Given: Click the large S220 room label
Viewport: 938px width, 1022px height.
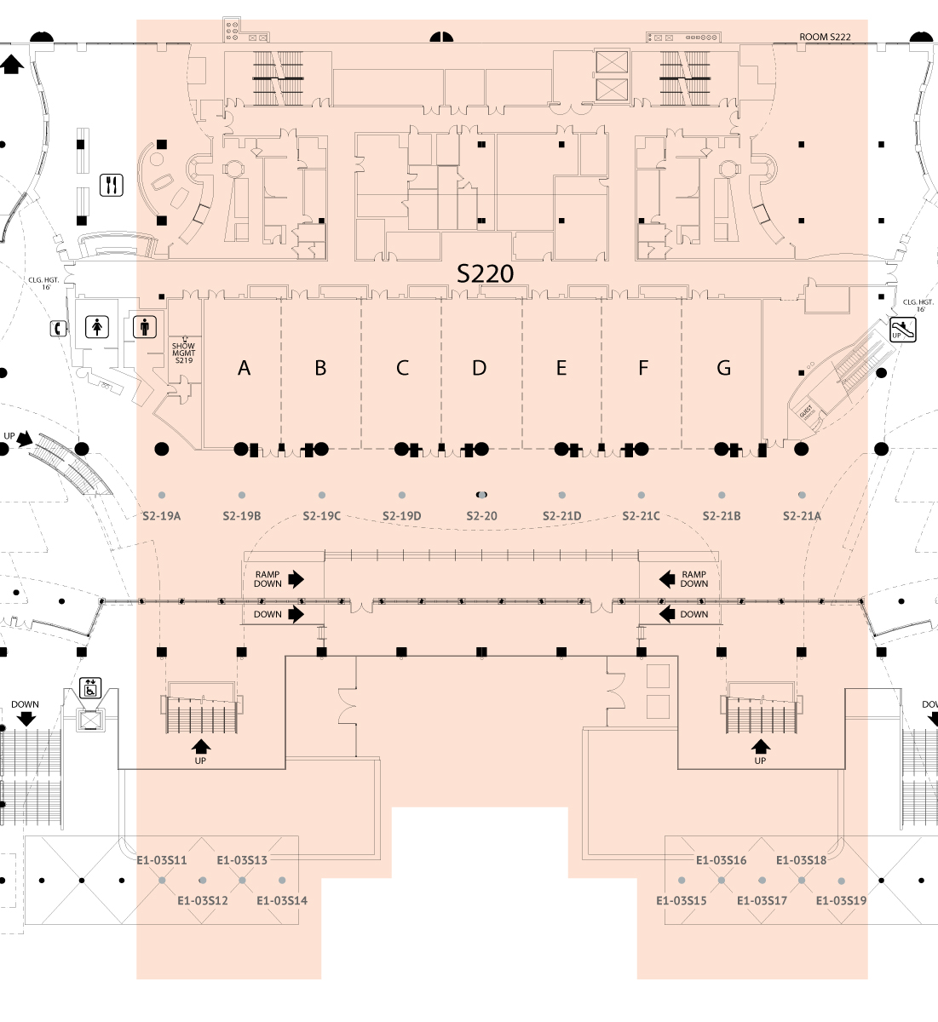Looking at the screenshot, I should (486, 273).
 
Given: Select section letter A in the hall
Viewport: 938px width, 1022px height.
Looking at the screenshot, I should (245, 368).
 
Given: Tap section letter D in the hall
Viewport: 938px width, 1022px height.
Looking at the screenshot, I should (480, 368).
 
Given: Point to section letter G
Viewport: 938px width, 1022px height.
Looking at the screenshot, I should (724, 368).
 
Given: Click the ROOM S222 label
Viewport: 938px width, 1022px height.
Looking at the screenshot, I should (825, 37).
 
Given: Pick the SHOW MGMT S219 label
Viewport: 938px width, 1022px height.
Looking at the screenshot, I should (183, 353).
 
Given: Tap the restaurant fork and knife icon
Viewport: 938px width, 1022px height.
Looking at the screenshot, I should (112, 185).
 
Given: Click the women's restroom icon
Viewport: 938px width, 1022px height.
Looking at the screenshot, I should (98, 326).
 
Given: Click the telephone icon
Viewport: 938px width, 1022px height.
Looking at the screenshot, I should (58, 327).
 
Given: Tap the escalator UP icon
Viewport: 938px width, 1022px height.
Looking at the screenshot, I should (903, 330).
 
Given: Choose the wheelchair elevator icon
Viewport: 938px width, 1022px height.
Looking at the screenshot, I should (90, 687).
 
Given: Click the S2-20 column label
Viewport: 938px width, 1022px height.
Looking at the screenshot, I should (481, 516).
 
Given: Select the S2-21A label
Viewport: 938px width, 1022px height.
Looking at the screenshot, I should (802, 516).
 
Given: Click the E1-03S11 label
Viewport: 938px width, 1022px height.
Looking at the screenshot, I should (162, 860).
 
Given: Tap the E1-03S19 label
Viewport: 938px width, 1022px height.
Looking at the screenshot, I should (841, 901).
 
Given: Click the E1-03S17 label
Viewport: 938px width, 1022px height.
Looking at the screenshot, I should (762, 901).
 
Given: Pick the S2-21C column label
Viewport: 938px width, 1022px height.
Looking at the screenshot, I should (641, 516).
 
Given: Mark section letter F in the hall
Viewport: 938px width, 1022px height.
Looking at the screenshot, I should (643, 368).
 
